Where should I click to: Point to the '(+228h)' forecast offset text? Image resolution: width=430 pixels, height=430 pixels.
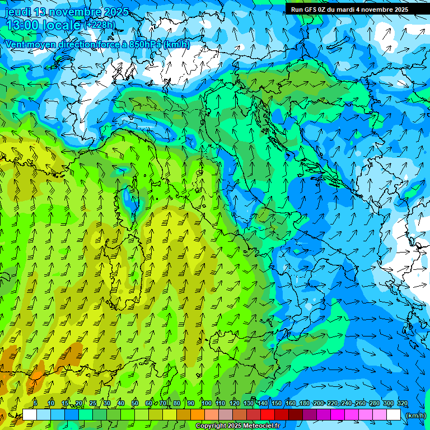point(100,25)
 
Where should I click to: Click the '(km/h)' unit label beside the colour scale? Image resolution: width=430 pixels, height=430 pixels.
point(415,415)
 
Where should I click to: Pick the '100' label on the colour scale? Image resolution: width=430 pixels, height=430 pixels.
point(207,404)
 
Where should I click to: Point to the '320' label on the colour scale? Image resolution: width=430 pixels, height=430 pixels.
point(402,404)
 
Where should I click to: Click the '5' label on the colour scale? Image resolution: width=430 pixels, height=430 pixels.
point(35,404)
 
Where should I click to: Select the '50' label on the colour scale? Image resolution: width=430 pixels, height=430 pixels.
point(135,404)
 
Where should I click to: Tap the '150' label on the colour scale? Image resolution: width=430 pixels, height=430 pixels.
point(277,404)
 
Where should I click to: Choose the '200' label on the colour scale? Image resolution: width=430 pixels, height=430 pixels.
point(319,404)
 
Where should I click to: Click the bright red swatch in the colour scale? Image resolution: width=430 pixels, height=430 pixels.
point(268,415)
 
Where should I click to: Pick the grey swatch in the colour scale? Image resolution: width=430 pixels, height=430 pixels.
point(226,415)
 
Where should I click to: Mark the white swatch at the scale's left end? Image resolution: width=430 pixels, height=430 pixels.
point(30,415)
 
